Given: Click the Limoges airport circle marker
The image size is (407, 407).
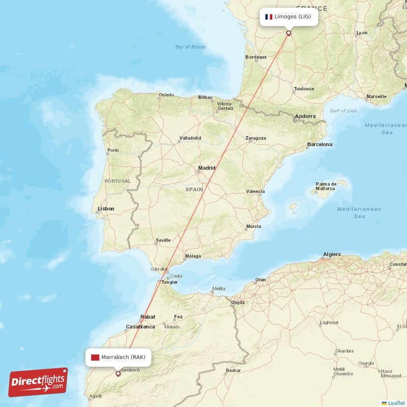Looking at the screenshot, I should [289, 33].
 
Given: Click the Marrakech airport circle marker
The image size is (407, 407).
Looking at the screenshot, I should [118, 373].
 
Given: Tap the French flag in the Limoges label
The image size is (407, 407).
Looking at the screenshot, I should [269, 17].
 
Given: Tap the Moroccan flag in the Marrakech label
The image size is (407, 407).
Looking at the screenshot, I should [95, 357].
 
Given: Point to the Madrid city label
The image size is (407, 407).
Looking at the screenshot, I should [207, 168].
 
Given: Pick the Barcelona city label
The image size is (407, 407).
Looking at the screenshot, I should [319, 144].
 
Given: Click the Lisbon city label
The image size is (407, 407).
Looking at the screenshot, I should [106, 209].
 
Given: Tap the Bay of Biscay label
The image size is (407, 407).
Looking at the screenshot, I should [190, 47].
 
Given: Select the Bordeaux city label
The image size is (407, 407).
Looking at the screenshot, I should [256, 57].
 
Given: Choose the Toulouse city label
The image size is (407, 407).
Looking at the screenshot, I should [304, 89].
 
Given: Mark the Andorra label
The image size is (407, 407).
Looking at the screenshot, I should [305, 117].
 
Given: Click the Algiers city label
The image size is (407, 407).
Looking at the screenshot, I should [332, 254].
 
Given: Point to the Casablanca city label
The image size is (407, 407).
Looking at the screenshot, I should [140, 327].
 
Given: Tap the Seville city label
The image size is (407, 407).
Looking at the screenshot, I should [163, 240].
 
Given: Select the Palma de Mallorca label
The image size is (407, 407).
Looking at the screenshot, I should [326, 186].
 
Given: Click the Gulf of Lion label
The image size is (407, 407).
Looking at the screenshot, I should [343, 111].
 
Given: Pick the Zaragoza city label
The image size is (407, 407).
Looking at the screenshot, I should [255, 138].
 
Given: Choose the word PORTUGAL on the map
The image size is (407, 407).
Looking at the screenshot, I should [118, 181].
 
